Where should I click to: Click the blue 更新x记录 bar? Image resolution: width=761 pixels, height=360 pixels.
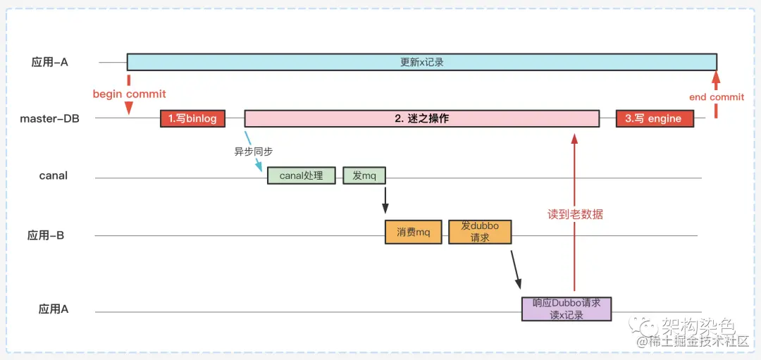pyautogui.click(x=421, y=62)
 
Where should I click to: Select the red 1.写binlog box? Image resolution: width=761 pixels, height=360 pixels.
pyautogui.click(x=192, y=118)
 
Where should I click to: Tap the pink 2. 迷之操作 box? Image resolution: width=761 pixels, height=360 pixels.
pyautogui.click(x=421, y=118)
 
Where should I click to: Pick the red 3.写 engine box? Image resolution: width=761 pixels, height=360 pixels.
pyautogui.click(x=653, y=118)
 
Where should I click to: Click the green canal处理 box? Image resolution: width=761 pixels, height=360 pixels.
pyautogui.click(x=301, y=175)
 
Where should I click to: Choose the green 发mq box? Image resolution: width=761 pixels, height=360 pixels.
pyautogui.click(x=364, y=175)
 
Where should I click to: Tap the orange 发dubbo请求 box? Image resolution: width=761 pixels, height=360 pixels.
pyautogui.click(x=480, y=232)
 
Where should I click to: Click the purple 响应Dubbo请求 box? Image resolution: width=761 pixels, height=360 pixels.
pyautogui.click(x=567, y=309)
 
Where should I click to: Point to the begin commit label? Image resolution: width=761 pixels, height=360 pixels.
pyautogui.click(x=129, y=94)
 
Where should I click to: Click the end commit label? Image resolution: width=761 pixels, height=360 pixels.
pyautogui.click(x=716, y=97)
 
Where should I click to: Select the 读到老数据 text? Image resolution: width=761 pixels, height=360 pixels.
pyautogui.click(x=575, y=214)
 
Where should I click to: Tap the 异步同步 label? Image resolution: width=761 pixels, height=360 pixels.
pyautogui.click(x=254, y=151)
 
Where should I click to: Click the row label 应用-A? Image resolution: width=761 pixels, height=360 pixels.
pyautogui.click(x=49, y=62)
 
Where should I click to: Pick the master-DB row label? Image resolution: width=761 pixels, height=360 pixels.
pyautogui.click(x=49, y=118)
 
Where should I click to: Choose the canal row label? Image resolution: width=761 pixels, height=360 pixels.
pyautogui.click(x=54, y=175)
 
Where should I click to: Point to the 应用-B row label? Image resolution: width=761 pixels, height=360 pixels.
pyautogui.click(x=46, y=235)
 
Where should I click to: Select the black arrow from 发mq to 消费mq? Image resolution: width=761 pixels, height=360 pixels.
pyautogui.click(x=385, y=199)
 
